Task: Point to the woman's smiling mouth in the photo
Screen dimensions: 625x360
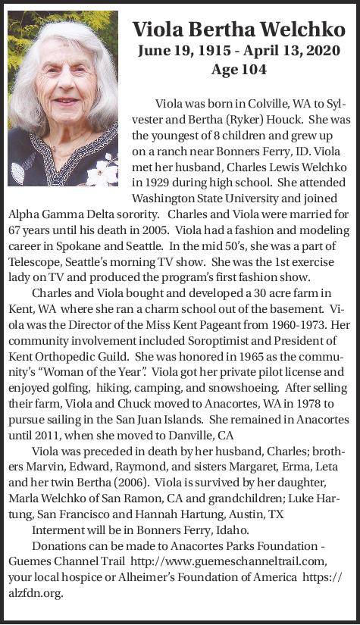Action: [x=66, y=101]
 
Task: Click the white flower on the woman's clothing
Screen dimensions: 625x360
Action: [x=100, y=173]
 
